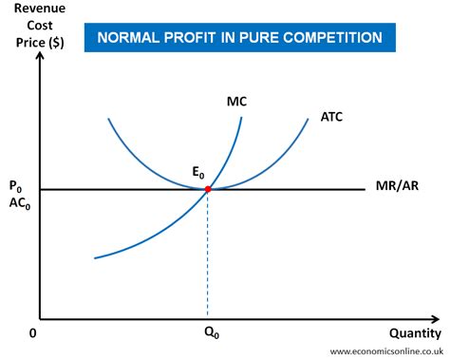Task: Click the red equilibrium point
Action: pyautogui.click(x=207, y=189)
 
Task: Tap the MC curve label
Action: pyautogui.click(x=237, y=100)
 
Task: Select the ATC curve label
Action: pyautogui.click(x=331, y=118)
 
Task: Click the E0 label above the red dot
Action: pyautogui.click(x=198, y=173)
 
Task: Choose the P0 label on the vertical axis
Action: pyautogui.click(x=14, y=185)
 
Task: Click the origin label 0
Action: pyautogui.click(x=32, y=333)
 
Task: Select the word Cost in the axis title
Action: pyautogui.click(x=33, y=27)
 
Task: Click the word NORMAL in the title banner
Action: pyautogui.click(x=127, y=37)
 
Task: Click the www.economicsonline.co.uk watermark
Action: pyautogui.click(x=388, y=351)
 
